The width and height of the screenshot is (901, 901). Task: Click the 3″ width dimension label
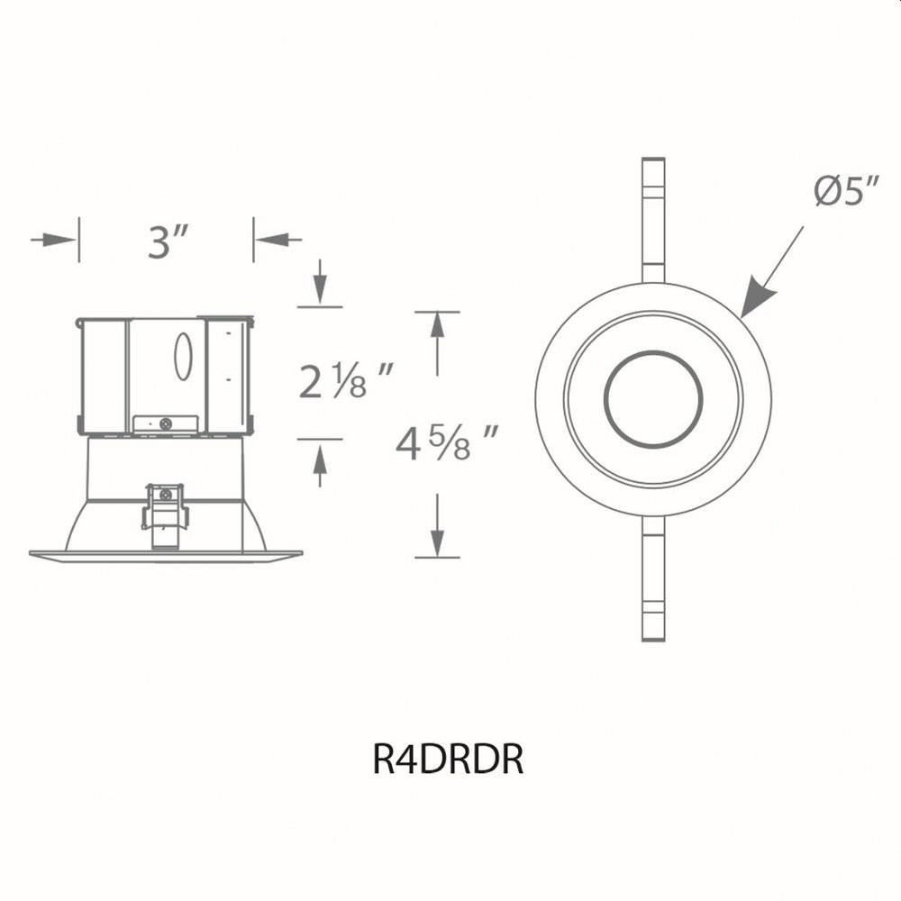[x=168, y=241]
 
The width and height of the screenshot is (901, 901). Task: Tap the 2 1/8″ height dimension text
[x=346, y=380]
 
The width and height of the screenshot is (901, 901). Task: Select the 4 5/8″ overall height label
[x=446, y=442]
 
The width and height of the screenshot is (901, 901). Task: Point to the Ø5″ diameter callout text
[x=847, y=191]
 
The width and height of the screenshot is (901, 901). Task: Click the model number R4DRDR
[x=448, y=759]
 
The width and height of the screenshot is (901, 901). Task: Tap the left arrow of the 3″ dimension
[x=53, y=239]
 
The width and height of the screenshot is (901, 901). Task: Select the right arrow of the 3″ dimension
[x=278, y=239]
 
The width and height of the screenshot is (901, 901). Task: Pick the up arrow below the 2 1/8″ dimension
[x=320, y=465]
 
